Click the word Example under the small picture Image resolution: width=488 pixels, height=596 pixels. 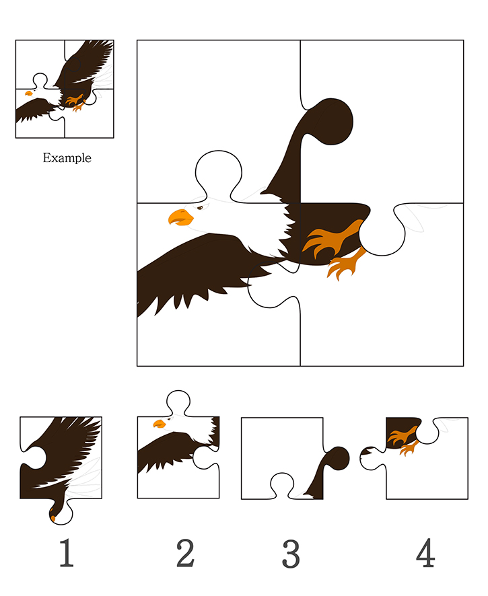[x=67, y=157]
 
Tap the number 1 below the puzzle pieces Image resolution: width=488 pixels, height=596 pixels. [x=66, y=552]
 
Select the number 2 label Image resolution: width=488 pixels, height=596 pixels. [x=185, y=552]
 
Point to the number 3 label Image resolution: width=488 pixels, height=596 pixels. [x=291, y=554]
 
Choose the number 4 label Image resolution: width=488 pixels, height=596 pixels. [x=425, y=552]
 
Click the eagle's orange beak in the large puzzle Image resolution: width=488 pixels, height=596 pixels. [x=180, y=217]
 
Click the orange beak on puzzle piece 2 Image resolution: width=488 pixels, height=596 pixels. [x=160, y=423]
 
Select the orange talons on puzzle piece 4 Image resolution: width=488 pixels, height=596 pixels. [x=404, y=440]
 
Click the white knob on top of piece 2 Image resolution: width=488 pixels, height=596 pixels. [x=178, y=402]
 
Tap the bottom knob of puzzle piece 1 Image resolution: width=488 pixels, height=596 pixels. [x=61, y=512]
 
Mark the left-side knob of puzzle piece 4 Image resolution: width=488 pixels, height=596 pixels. [x=372, y=458]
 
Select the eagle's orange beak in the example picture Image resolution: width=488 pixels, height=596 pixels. [x=28, y=93]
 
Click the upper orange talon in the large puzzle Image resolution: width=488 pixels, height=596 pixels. [x=332, y=237]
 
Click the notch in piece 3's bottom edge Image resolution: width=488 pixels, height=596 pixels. [x=282, y=486]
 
